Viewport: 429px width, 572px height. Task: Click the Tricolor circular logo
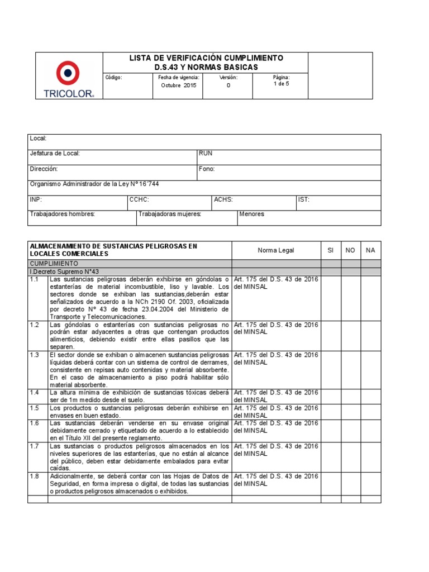pos(68,73)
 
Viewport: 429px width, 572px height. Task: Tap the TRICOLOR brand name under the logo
pos(69,94)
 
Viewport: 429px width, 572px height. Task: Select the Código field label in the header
pos(113,78)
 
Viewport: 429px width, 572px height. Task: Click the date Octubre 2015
pos(179,85)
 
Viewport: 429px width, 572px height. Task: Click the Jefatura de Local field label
pos(55,154)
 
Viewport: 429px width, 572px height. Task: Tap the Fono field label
pos(206,169)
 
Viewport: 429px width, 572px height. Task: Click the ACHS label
pos(223,199)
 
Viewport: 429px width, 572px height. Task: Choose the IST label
pos(304,199)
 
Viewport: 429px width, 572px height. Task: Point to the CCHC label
pos(139,199)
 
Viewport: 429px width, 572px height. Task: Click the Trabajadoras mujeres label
pos(170,214)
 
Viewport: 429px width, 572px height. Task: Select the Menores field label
pos(252,214)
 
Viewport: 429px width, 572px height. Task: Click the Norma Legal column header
pos(275,250)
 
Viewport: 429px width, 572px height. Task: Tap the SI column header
pos(330,250)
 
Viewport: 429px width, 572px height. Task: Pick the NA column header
pos(370,250)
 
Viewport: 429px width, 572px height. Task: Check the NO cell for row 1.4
pos(350,396)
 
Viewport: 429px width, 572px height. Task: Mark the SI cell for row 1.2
pos(330,335)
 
